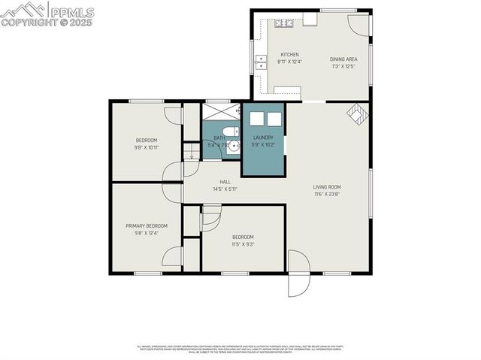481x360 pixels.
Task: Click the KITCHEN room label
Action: [289, 55]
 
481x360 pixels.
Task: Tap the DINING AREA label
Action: [343, 59]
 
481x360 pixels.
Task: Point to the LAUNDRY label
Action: [263, 138]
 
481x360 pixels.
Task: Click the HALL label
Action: [225, 182]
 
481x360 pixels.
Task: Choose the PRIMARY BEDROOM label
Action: [146, 225]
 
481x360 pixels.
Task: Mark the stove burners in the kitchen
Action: [284, 23]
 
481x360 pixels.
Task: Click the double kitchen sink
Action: [261, 62]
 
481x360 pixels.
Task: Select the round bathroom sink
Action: [232, 146]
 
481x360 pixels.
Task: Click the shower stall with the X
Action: [220, 113]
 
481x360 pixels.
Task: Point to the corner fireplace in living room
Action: [358, 113]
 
